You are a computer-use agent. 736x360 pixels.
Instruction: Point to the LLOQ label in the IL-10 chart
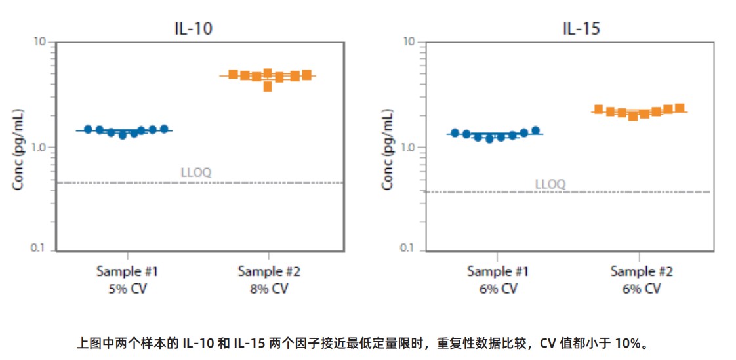point(195,173)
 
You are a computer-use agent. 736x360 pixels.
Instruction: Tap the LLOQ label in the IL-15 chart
point(550,184)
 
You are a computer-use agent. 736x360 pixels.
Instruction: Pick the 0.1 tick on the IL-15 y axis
point(409,249)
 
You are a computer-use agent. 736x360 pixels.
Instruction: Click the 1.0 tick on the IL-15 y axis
point(409,147)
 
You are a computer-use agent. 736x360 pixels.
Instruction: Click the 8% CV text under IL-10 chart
point(269,289)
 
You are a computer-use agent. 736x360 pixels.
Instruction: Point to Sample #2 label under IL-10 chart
point(269,271)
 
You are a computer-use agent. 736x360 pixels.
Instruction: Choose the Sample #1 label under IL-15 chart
point(498,271)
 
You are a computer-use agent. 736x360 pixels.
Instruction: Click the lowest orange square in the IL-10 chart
point(268,87)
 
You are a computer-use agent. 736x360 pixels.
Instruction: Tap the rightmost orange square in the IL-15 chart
point(680,108)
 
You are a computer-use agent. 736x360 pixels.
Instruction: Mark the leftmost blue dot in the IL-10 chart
point(88,129)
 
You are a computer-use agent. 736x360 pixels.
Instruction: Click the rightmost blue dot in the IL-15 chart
point(535,130)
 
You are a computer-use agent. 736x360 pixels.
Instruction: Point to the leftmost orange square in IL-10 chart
point(233,74)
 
